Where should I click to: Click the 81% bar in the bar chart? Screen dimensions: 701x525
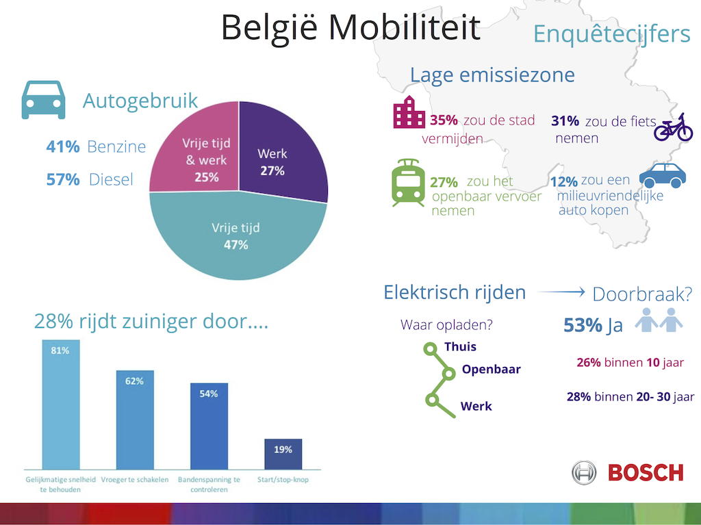pos(61,405)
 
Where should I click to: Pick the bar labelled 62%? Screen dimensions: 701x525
pos(135,420)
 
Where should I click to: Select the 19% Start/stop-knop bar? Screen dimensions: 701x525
pos(283,454)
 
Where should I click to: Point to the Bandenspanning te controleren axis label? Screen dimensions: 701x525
pos(209,485)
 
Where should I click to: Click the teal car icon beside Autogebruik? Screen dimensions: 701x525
pos(43,100)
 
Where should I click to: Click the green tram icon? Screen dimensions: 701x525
pos(408,183)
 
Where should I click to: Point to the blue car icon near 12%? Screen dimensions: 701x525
pos(663,175)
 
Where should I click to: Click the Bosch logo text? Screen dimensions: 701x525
pos(646,473)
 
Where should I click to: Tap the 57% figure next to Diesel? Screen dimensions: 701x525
pos(63,179)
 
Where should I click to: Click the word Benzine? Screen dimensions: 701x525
pos(116,146)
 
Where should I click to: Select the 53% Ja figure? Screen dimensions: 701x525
pos(594,325)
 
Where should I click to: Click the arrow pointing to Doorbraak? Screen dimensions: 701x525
pos(561,292)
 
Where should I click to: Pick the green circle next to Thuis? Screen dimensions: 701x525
pos(430,349)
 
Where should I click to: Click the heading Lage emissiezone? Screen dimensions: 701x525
pos(492,75)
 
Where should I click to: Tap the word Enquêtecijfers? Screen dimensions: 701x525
pos(611,34)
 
